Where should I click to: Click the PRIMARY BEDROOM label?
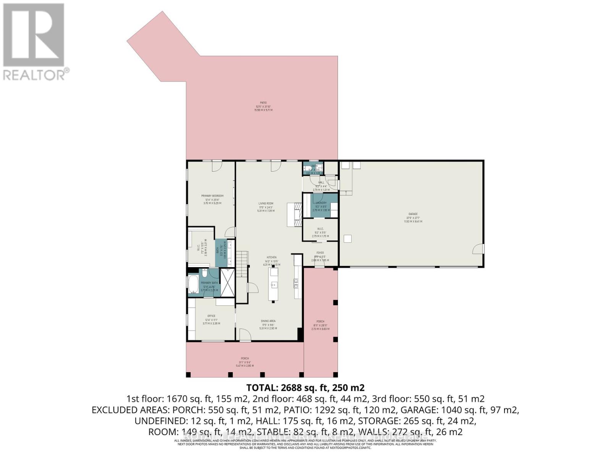[212, 196]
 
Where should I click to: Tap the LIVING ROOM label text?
[266, 203]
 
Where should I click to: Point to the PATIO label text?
[263, 103]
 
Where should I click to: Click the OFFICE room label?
[211, 316]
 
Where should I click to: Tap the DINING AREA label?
[268, 321]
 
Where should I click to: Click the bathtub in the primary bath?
[193, 284]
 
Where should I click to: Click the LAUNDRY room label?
[321, 203]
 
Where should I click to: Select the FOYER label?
[320, 253]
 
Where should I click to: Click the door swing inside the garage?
[478, 250]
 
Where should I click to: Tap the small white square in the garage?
[348, 239]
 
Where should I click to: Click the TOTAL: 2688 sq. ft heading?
[305, 388]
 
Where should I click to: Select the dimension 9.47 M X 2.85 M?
[245, 366]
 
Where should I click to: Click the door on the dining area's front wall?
[245, 334]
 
